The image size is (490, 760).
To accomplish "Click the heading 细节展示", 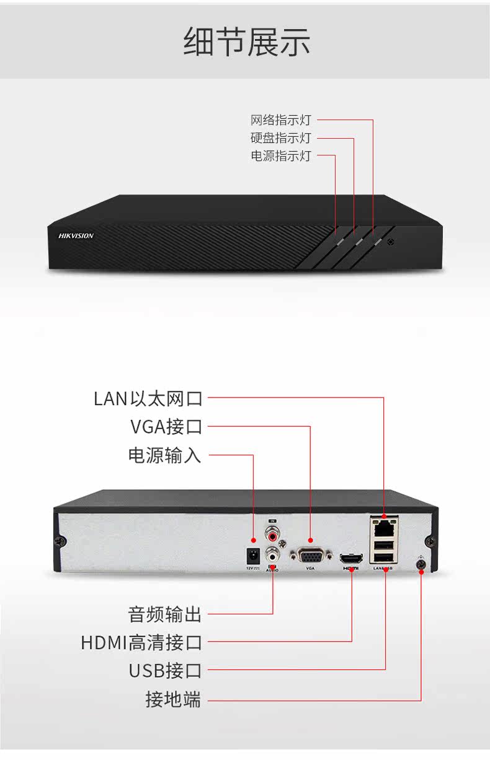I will coord(247,43).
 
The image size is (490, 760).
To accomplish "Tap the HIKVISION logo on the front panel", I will coord(76,235).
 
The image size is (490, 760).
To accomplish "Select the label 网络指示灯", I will coord(280,120).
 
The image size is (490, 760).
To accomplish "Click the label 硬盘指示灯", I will coord(280,138).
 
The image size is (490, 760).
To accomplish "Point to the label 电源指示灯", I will coord(280,155).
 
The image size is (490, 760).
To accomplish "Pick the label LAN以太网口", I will coord(148,398).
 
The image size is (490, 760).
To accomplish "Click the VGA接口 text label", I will coord(166,427).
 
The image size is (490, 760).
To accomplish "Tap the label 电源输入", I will coord(164,455).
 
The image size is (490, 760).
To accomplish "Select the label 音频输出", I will coord(164,614).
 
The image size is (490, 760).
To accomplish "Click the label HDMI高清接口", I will coord(141,642).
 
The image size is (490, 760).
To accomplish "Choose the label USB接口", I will coord(165,671).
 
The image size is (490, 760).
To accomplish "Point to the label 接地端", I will coord(173,699).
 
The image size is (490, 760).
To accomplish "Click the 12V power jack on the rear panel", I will coord(252,554).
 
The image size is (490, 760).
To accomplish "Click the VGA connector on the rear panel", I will coord(310,554).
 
